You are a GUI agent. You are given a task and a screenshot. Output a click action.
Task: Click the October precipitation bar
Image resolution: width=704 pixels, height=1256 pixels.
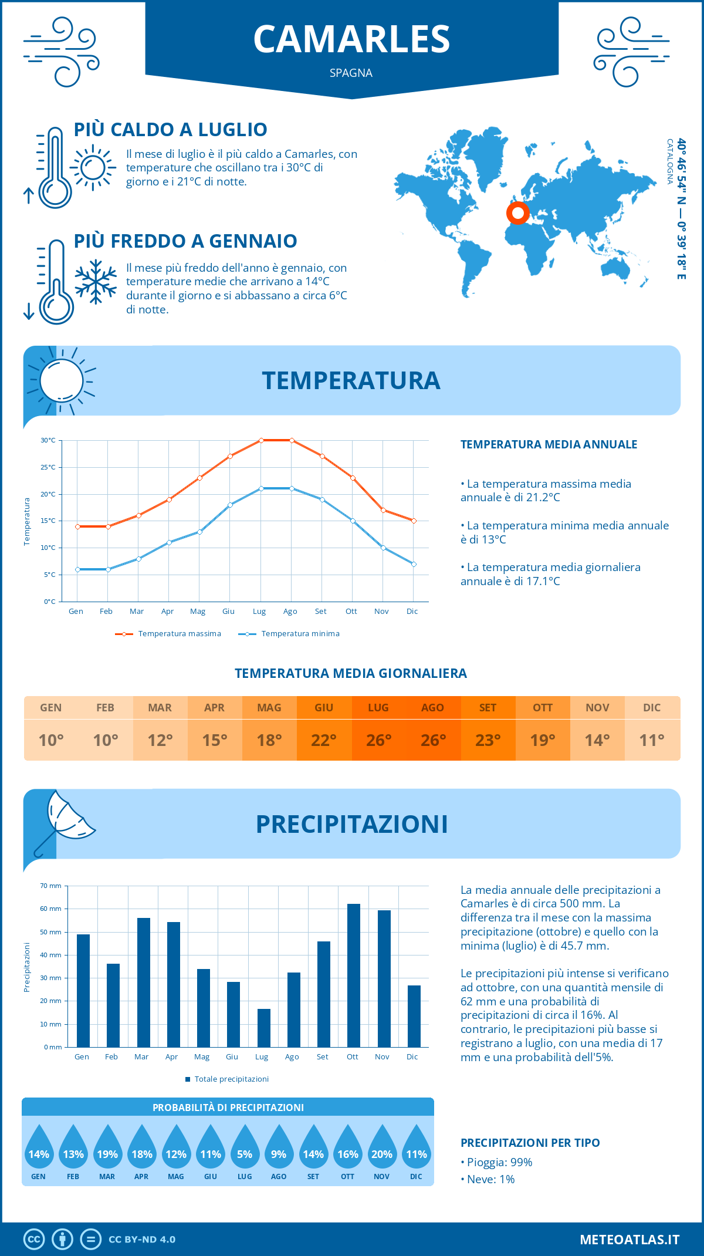353,975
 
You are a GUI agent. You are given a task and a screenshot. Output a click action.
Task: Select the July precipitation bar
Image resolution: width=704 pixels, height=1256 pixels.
264,1028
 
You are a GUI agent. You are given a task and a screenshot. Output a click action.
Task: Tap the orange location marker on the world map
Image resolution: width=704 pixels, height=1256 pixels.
518,212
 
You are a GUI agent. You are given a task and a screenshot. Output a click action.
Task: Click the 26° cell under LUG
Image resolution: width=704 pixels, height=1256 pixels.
378,740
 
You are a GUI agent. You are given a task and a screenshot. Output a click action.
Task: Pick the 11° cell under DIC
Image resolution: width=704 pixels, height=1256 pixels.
652,740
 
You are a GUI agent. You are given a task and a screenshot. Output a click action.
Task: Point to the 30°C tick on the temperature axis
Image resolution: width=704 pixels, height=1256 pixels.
49,440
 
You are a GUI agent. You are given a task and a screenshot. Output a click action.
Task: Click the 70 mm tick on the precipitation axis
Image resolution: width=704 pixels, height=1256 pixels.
52,886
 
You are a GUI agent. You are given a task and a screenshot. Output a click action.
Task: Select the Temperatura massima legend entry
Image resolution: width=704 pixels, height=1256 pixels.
169,634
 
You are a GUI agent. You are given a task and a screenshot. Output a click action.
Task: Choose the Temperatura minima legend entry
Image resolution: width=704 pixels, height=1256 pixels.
290,634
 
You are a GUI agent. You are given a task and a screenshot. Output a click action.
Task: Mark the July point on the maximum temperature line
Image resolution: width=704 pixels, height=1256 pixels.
261,440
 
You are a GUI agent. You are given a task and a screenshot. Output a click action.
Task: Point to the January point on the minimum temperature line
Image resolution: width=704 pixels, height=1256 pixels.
77,569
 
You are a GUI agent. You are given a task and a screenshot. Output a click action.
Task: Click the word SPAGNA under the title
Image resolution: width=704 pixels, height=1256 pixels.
351,73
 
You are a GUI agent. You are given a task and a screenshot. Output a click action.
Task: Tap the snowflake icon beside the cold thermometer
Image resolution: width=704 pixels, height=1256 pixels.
96,282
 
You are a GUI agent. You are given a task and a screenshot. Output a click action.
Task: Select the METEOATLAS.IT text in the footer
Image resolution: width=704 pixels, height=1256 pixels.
629,1240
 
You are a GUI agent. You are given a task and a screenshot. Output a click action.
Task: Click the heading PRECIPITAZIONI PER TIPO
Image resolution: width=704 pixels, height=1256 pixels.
530,1143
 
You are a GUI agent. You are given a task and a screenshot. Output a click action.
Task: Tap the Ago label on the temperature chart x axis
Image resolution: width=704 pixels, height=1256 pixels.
290,612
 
